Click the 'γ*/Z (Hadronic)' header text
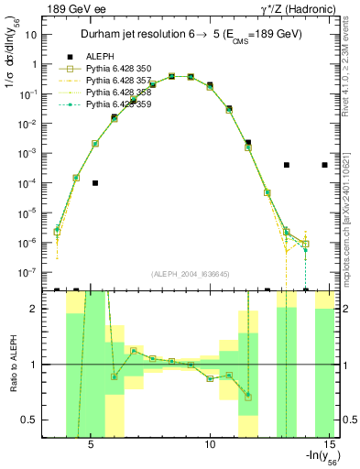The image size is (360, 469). [x=298, y=8]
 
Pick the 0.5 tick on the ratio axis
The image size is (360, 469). [x=34, y=420]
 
